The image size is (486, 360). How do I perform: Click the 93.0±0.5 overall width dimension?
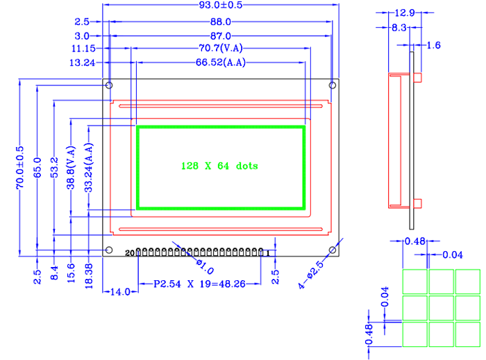tap(221, 6)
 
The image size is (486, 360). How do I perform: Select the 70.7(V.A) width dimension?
tap(221, 49)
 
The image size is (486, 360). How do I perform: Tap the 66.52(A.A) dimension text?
tap(221, 62)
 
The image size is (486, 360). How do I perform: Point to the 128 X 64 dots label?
tap(219, 166)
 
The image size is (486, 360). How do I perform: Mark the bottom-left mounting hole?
tap(109, 250)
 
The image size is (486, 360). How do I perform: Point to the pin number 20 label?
tap(129, 254)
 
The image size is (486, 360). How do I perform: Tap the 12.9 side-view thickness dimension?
tap(404, 12)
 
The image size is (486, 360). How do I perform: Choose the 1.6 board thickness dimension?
tap(434, 45)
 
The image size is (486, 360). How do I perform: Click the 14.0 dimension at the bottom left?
tap(120, 292)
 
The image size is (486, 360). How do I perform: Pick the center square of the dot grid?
tap(441, 307)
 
